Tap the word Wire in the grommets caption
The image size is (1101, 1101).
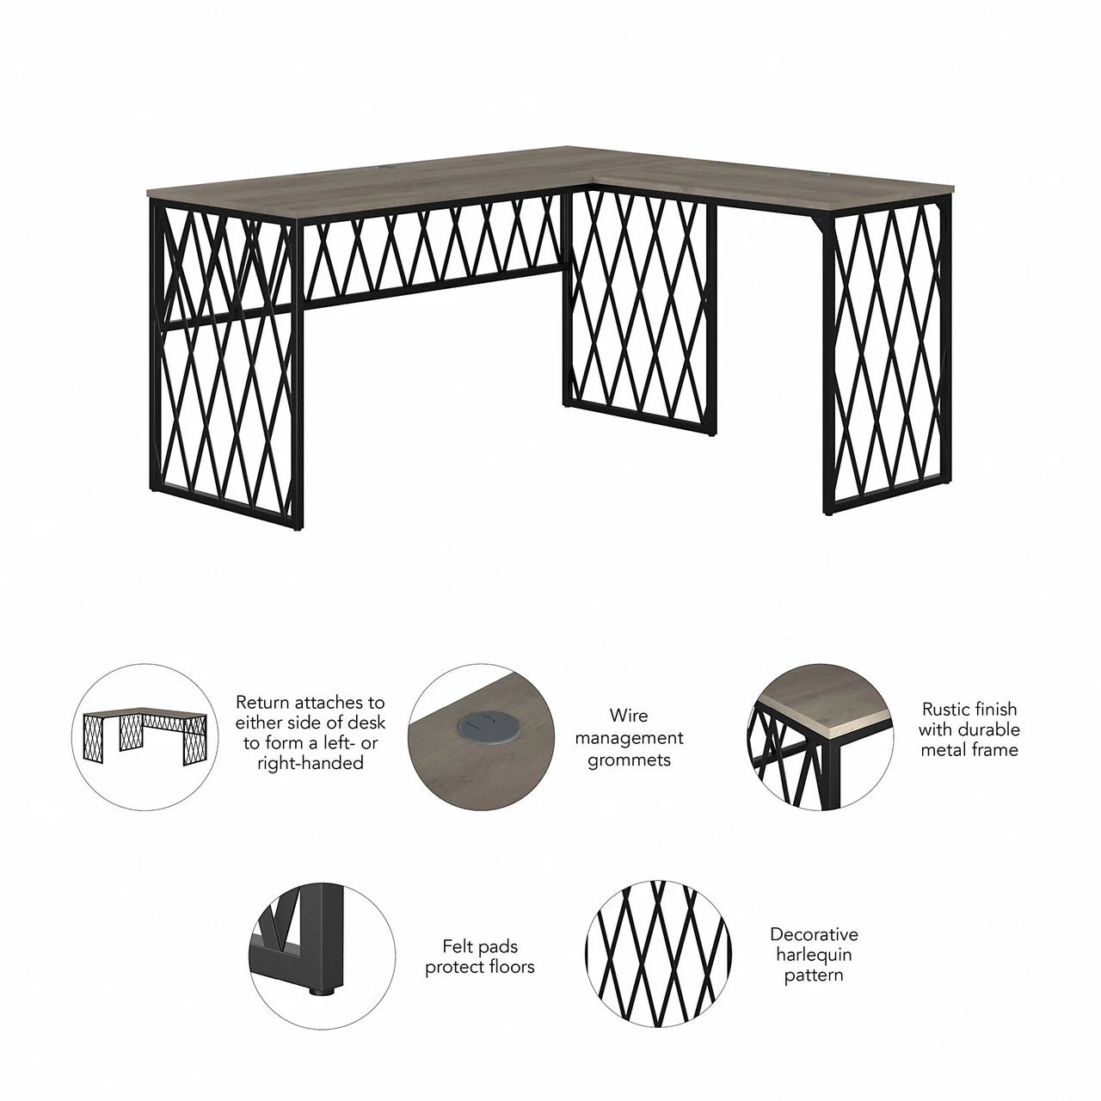(x=628, y=715)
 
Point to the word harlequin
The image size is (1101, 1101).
(x=814, y=954)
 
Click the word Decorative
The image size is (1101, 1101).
(x=814, y=934)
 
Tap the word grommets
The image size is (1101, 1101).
(x=629, y=760)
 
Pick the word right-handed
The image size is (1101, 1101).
(x=311, y=763)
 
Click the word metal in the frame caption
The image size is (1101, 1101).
(x=944, y=750)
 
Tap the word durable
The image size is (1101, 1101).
(x=989, y=729)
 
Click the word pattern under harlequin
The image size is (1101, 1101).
(x=814, y=975)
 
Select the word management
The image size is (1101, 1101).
(x=629, y=738)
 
